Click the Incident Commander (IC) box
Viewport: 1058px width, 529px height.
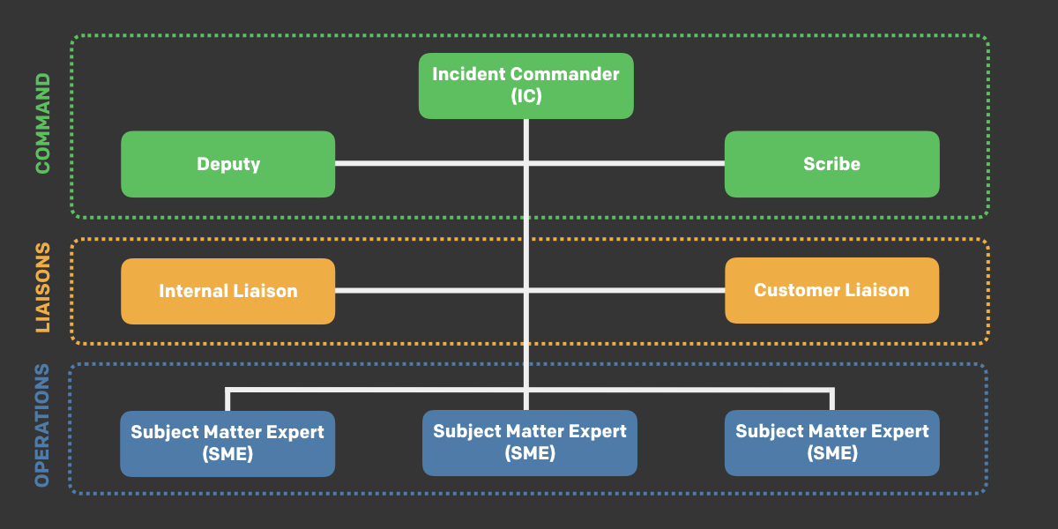pyautogui.click(x=525, y=86)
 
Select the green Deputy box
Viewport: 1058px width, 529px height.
pyautogui.click(x=228, y=164)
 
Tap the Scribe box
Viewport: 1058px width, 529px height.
pyautogui.click(x=831, y=164)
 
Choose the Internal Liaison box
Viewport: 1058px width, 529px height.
pyautogui.click(x=228, y=291)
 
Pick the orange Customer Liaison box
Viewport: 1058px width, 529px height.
pyautogui.click(x=831, y=290)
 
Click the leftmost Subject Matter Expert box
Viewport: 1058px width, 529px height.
pyautogui.click(x=227, y=443)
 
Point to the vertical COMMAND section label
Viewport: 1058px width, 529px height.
pyautogui.click(x=42, y=123)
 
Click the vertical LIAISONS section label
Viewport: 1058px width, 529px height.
pyautogui.click(x=42, y=288)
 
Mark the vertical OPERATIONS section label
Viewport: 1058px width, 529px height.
pyautogui.click(x=42, y=425)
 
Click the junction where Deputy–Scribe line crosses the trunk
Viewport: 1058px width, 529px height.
pyautogui.click(x=526, y=163)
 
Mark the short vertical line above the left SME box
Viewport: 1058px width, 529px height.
pyautogui.click(x=227, y=399)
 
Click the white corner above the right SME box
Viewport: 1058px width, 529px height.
pyautogui.click(x=831, y=390)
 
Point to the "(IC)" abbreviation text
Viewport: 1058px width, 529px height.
pyautogui.click(x=525, y=97)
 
